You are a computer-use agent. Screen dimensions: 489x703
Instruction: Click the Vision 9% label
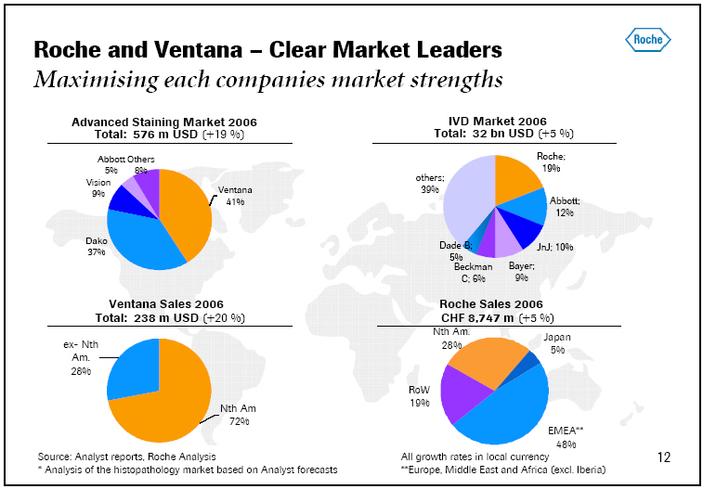coord(98,188)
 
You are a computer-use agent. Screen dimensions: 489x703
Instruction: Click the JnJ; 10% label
coord(556,248)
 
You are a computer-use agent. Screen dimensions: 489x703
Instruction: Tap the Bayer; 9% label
coord(522,271)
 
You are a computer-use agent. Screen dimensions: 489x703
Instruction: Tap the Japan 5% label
coord(556,344)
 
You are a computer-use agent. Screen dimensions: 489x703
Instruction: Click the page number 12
coord(663,457)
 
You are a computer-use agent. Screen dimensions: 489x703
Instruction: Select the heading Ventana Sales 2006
coord(165,304)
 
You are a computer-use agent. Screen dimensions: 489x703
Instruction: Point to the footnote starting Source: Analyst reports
coord(126,457)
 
